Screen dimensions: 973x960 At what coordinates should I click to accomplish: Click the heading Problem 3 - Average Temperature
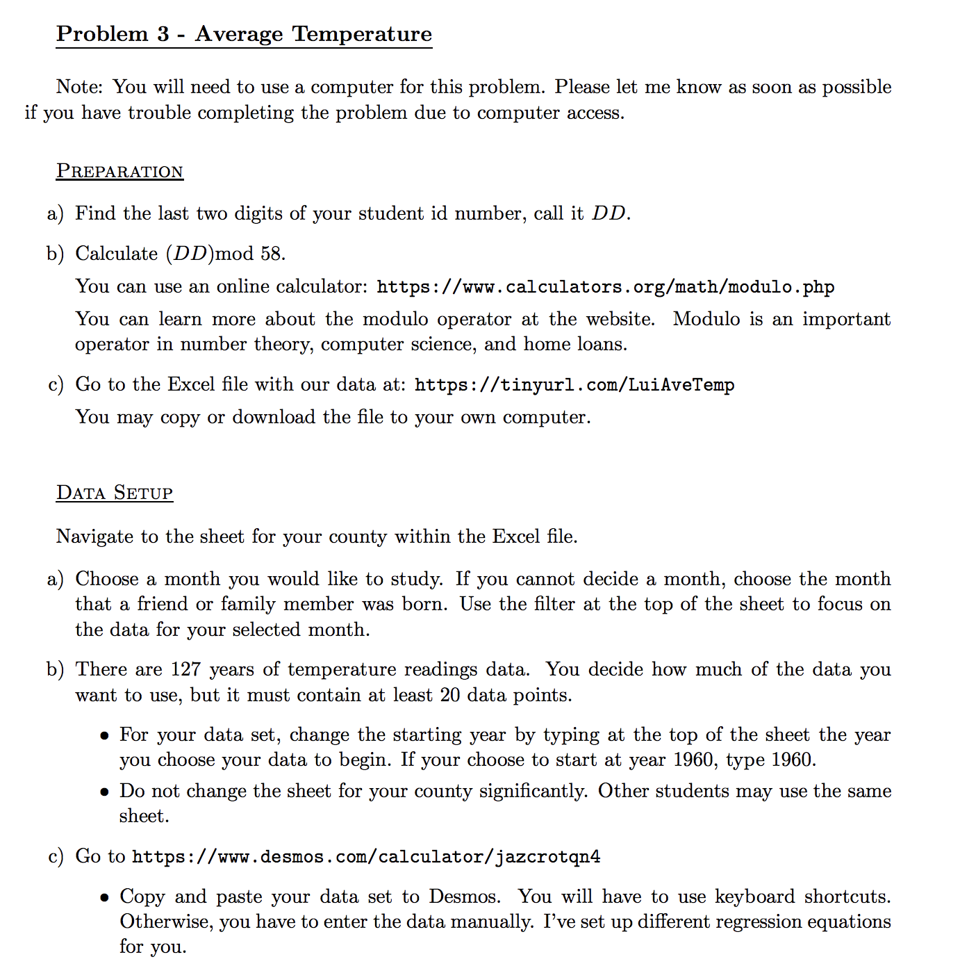tap(244, 33)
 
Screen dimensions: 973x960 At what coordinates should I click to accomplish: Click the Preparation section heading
tap(119, 171)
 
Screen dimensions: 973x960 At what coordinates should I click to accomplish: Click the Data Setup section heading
tap(115, 493)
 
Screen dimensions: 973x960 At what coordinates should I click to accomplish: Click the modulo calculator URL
tap(605, 287)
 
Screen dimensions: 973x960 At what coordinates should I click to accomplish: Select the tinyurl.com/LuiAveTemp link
tap(574, 385)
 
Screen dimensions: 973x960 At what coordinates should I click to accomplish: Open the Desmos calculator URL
tap(366, 857)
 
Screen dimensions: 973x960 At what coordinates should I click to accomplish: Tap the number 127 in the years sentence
tap(186, 669)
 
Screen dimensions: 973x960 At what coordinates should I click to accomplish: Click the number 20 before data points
tap(449, 695)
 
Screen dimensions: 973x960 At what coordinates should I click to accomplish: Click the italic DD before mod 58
tap(190, 254)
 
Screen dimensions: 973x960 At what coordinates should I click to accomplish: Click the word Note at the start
tap(78, 87)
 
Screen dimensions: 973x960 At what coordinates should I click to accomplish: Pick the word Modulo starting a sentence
tap(706, 319)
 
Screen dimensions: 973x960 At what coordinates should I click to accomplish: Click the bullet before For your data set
tap(104, 736)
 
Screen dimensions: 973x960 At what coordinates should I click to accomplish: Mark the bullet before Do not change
tap(104, 792)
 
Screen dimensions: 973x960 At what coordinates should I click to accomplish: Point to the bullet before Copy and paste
tap(104, 897)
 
